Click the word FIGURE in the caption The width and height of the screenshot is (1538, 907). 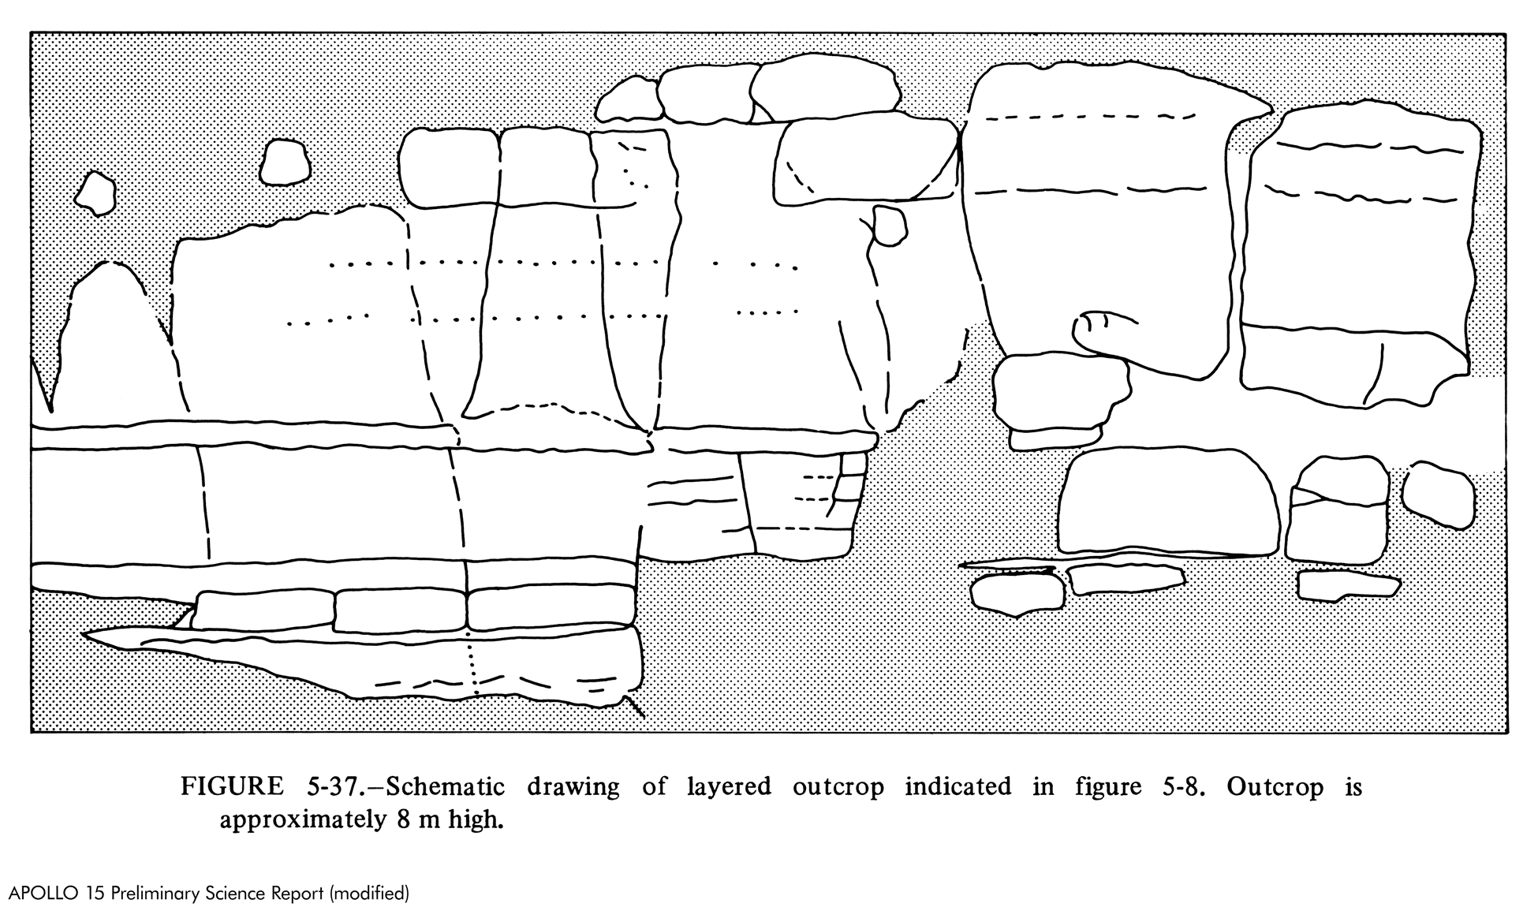click(x=232, y=786)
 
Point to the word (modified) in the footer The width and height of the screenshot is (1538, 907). click(x=368, y=894)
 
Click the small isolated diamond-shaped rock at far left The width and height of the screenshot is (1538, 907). click(x=95, y=193)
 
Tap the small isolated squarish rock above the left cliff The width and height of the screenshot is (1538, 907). click(x=285, y=162)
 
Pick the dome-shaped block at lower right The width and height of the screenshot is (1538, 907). click(x=1168, y=502)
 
